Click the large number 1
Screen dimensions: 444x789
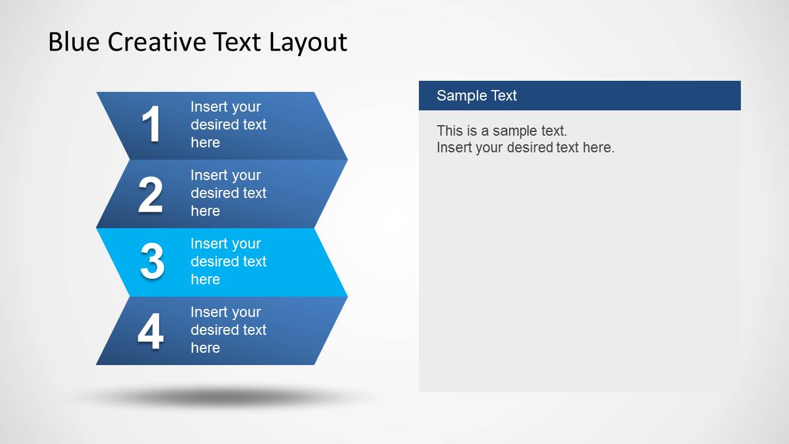(x=151, y=125)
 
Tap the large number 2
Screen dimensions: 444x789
(x=151, y=195)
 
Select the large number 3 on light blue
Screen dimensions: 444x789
(x=152, y=261)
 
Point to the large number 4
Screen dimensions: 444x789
(x=151, y=331)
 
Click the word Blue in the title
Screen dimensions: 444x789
(x=74, y=42)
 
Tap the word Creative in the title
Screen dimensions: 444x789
(x=157, y=42)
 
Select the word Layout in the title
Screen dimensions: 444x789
(x=308, y=42)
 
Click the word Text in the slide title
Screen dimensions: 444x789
(x=237, y=42)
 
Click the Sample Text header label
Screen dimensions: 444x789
(x=476, y=96)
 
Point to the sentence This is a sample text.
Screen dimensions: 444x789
(x=502, y=131)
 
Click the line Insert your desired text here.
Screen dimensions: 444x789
(x=525, y=147)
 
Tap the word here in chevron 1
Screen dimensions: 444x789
(x=205, y=142)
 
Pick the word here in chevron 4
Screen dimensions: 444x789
(x=205, y=348)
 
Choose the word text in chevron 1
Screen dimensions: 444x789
(x=254, y=125)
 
